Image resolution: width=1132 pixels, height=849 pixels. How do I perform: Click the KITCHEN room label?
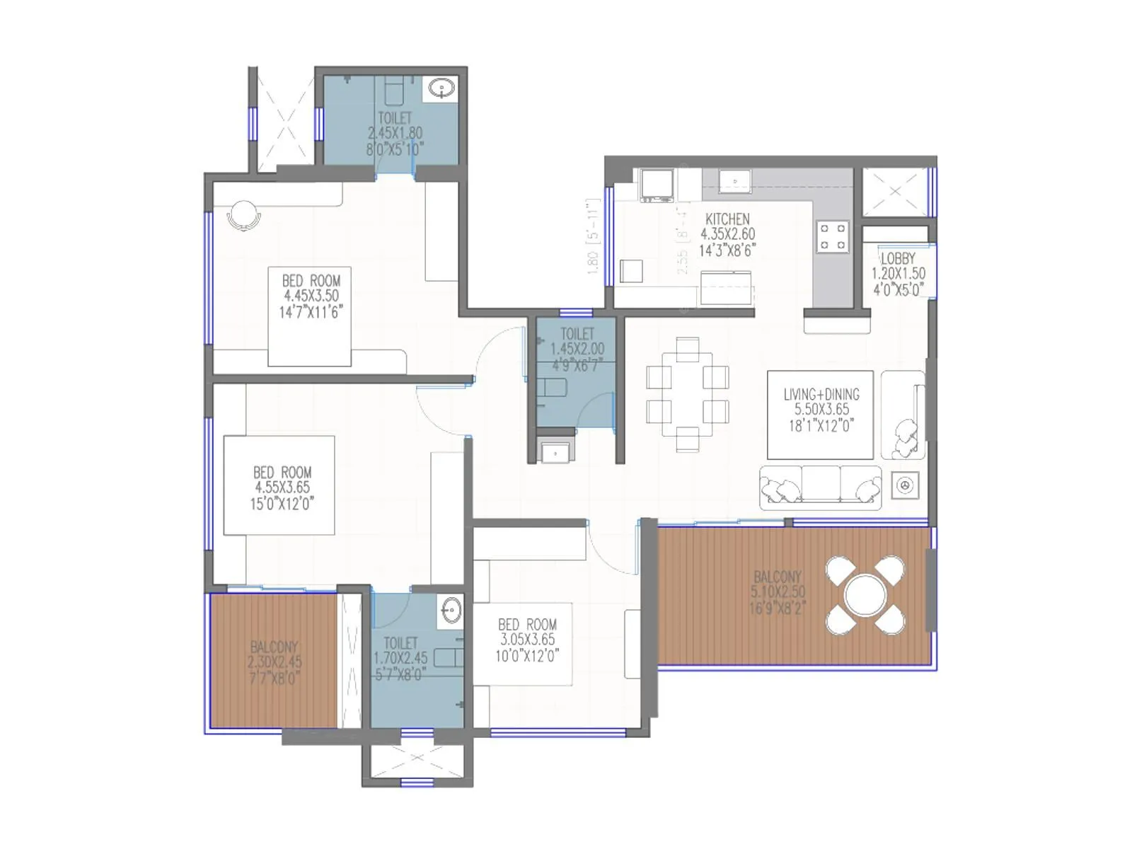tap(727, 219)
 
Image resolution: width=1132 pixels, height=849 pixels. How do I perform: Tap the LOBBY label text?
tap(898, 259)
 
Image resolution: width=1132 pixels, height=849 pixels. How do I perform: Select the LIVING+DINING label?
tap(821, 395)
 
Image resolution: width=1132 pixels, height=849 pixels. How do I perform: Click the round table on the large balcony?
tap(865, 595)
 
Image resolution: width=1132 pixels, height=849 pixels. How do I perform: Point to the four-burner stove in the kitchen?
tap(833, 237)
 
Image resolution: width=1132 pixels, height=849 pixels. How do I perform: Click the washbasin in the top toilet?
tap(443, 88)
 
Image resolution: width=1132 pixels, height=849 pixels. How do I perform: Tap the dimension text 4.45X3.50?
tap(311, 296)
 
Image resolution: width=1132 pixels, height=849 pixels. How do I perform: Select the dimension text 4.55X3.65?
tap(282, 487)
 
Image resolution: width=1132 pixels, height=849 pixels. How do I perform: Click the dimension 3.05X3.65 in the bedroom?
tap(528, 640)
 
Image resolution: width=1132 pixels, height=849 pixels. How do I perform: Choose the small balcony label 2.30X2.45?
tap(275, 663)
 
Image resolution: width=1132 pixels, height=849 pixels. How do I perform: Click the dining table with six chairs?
tap(687, 395)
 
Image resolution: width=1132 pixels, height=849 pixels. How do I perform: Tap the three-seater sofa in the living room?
tap(821, 487)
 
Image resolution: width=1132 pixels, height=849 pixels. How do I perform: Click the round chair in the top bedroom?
tap(244, 214)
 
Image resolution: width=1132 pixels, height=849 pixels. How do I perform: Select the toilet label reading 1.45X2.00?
tap(577, 349)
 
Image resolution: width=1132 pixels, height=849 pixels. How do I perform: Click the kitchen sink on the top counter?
tap(736, 181)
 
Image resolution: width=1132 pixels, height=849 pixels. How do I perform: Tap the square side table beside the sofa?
tap(905, 485)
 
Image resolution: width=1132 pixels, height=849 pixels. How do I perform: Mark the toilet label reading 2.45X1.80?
tap(395, 133)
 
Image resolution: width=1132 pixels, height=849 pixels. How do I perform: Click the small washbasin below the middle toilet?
tap(555, 452)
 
